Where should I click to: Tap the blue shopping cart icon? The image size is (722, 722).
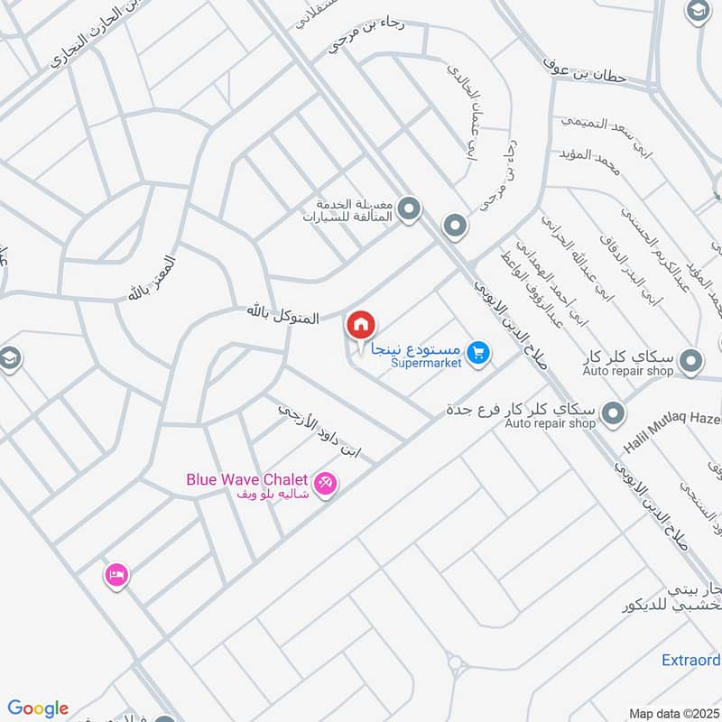point(479,354)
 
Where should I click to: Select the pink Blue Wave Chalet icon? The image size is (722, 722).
point(327,484)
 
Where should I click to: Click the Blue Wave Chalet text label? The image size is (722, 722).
point(247,479)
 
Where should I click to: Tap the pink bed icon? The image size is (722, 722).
point(116,574)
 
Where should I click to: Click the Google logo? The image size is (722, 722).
point(38,708)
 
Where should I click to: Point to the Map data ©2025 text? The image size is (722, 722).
point(672,713)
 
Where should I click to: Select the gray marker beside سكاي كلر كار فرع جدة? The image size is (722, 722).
point(614,414)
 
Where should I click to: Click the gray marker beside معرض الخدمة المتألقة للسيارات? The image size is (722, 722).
point(411,210)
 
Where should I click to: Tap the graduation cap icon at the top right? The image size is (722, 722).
point(698,12)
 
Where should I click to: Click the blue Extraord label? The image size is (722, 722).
point(690,660)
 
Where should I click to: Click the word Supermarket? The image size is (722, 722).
point(426,364)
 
